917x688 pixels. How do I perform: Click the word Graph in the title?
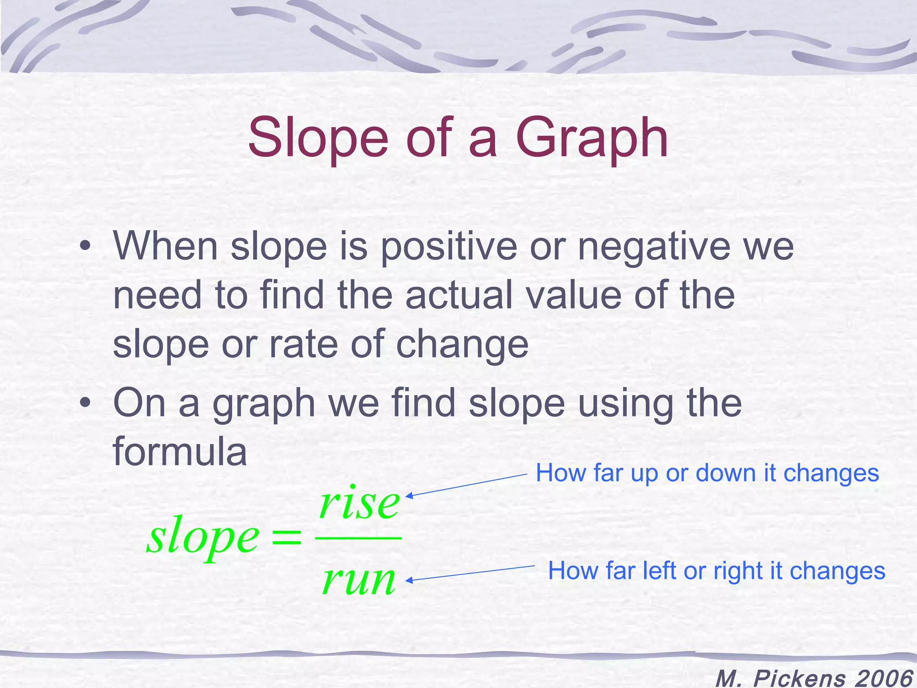tap(592, 139)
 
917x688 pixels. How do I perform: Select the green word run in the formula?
tap(359, 580)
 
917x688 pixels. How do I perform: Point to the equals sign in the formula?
tap(287, 537)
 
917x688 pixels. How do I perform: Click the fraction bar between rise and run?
tap(358, 537)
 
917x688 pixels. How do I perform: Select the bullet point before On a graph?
tap(85, 402)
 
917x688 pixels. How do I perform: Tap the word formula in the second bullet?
tap(180, 451)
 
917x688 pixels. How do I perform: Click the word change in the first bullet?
tap(462, 345)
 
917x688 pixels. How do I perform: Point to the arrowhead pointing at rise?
tap(408, 495)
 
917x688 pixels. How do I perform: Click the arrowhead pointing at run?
tap(408, 580)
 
